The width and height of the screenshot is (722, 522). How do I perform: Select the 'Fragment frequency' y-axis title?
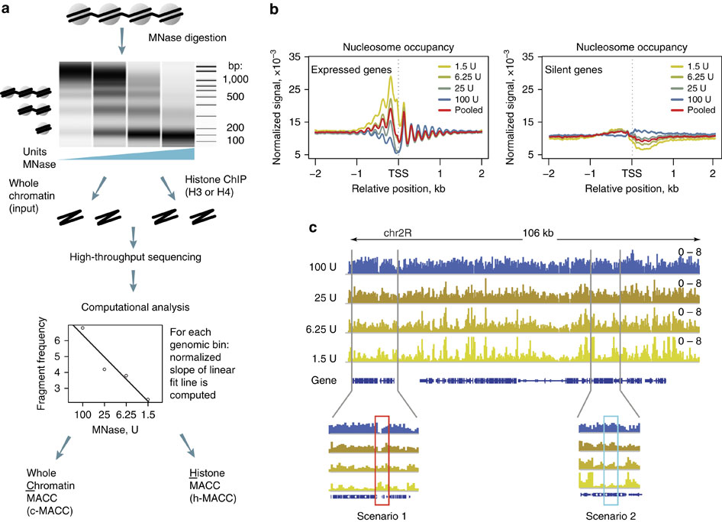click(x=47, y=366)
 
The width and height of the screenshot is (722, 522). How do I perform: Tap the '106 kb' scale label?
click(x=539, y=235)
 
